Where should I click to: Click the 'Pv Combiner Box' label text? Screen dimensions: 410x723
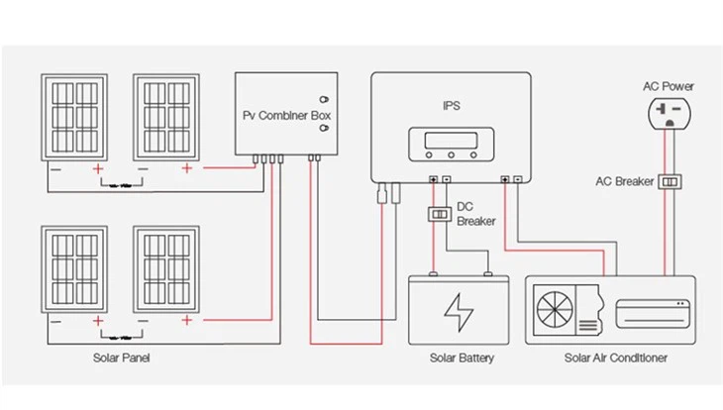(x=286, y=115)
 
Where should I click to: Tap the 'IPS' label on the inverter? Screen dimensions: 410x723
(x=452, y=103)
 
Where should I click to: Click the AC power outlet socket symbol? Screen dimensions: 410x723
(x=669, y=114)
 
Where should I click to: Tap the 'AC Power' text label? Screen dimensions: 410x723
(x=669, y=86)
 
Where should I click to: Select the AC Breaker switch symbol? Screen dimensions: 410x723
(x=672, y=182)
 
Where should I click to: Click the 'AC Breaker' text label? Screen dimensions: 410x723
(x=624, y=182)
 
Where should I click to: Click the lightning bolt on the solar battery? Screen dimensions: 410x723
(x=458, y=311)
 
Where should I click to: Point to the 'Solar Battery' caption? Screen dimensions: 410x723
(x=462, y=358)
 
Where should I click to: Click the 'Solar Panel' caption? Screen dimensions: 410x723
(x=122, y=358)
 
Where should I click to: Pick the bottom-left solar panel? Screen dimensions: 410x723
(x=73, y=270)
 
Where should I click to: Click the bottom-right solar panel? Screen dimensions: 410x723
(x=164, y=270)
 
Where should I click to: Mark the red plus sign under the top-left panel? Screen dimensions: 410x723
(x=98, y=169)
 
